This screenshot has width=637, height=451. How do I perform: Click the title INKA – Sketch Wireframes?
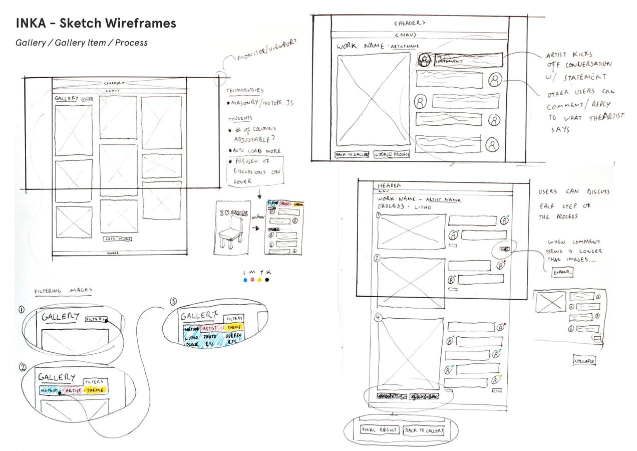(96, 24)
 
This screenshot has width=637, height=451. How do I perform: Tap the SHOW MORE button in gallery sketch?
(118, 239)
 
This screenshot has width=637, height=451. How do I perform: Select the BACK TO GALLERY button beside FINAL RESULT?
(423, 430)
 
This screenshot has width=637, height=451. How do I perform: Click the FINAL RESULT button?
(379, 430)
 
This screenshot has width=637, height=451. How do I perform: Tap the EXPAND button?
(562, 272)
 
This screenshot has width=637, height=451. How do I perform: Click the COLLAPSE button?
(584, 361)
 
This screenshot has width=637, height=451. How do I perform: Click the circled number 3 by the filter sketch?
(173, 302)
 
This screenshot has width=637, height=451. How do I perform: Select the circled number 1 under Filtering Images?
(22, 310)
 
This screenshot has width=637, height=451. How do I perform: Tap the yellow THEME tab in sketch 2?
(95, 390)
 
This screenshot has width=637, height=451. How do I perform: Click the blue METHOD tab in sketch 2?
(50, 390)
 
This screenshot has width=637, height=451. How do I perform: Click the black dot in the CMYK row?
(267, 280)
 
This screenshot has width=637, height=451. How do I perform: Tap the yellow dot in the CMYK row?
(259, 280)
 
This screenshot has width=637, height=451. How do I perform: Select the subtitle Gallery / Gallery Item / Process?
(82, 43)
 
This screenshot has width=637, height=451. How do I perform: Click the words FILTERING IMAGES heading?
(63, 291)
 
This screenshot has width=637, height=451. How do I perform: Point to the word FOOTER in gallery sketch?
(114, 254)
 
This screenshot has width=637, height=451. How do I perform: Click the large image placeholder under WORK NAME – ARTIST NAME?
(374, 99)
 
